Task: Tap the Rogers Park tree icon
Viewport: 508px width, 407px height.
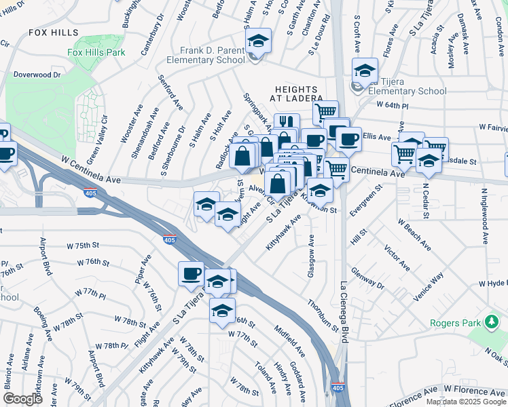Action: point(491,321)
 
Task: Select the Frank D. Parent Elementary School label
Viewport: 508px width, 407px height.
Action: point(212,55)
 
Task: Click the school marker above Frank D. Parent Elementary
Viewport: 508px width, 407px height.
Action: point(258,41)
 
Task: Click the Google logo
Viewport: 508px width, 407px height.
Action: point(22,399)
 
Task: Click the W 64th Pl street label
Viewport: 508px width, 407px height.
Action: point(393,106)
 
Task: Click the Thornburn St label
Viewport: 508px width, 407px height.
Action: point(323,315)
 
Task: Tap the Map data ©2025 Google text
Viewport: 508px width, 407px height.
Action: point(466,402)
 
